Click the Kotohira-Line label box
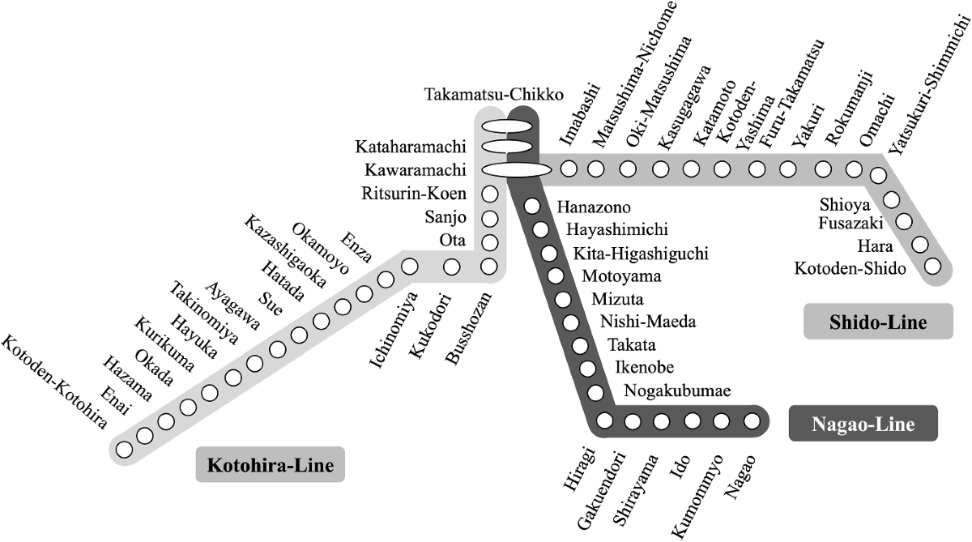pos(271,466)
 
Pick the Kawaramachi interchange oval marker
pos(516,169)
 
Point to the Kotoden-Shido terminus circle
pos(933,266)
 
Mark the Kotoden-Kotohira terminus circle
pos(124,449)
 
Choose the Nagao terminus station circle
pos(752,421)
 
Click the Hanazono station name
pos(594,208)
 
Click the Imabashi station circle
pos(569,169)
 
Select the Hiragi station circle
pos(604,421)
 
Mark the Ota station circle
pos(488,241)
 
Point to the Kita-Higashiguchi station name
pos(642,254)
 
